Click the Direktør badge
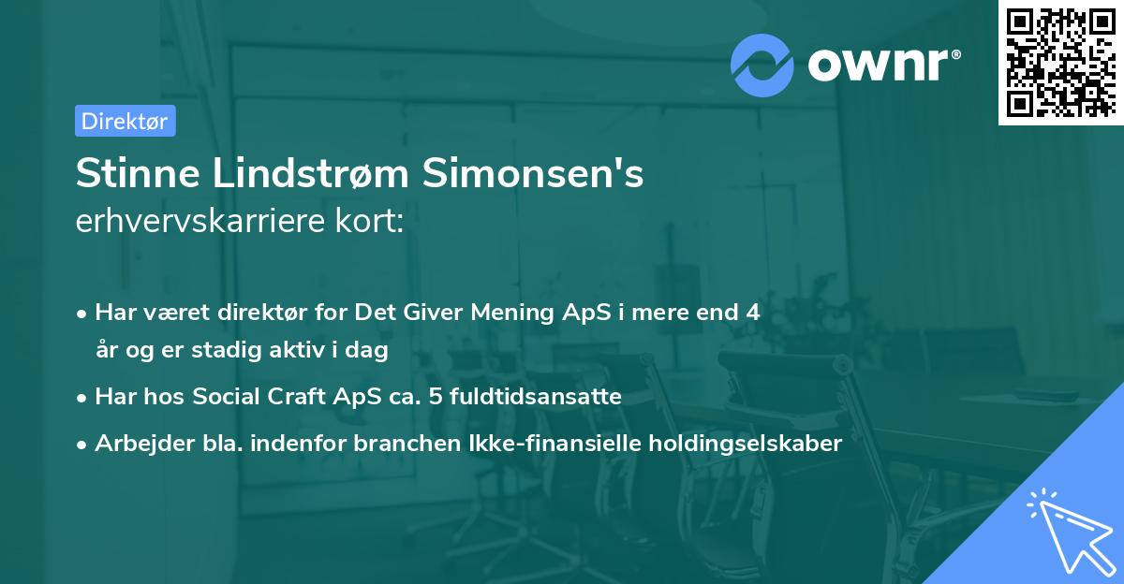pyautogui.click(x=125, y=121)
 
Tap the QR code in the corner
pyautogui.click(x=1059, y=62)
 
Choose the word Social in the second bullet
pyautogui.click(x=226, y=397)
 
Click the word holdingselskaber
pyautogui.click(x=736, y=444)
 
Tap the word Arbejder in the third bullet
pyautogui.click(x=134, y=444)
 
